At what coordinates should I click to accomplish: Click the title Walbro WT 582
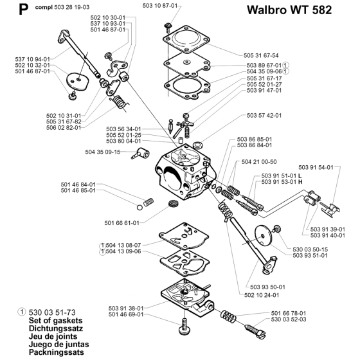[289, 10]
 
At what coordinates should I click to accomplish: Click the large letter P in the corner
[23, 10]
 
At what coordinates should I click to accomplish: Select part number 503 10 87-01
[160, 6]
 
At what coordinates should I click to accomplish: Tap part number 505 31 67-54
[261, 55]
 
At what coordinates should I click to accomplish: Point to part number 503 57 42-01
[264, 115]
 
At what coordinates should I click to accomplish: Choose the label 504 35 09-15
[103, 152]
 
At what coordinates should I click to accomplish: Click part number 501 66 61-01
[122, 223]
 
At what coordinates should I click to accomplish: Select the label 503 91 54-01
[316, 167]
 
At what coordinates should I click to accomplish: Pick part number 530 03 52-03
[289, 319]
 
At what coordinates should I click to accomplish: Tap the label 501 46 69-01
[126, 314]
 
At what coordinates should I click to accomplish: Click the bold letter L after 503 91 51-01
[300, 176]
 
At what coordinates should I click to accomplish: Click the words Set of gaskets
[55, 321]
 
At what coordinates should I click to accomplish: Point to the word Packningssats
[57, 352]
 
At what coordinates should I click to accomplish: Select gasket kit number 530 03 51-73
[52, 312]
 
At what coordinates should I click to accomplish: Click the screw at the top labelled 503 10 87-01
[168, 26]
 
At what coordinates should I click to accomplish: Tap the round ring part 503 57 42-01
[197, 145]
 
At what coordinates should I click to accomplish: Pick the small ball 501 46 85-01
[139, 208]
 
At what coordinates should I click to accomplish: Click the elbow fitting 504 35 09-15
[141, 154]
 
